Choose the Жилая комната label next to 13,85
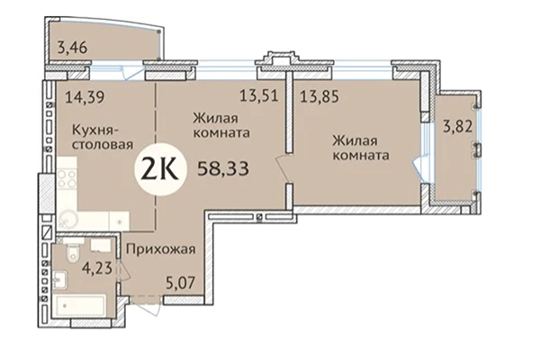pyautogui.click(x=360, y=148)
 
